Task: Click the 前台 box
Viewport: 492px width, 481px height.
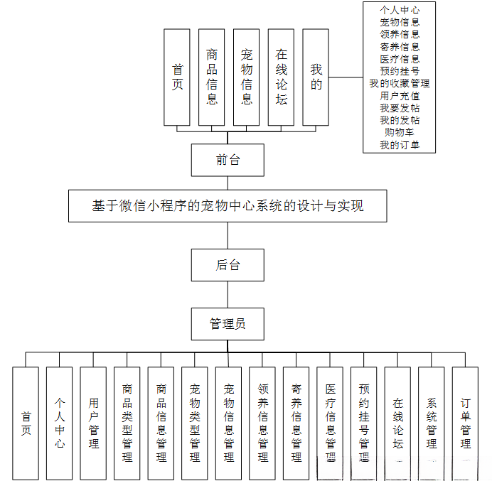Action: (228, 160)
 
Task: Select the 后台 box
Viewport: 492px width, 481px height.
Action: (228, 265)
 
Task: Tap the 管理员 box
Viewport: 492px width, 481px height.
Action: (228, 324)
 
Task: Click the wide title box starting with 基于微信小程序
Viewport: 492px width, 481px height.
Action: (228, 206)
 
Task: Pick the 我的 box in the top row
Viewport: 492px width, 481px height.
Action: (316, 77)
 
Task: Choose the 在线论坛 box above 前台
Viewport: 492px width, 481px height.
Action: (281, 77)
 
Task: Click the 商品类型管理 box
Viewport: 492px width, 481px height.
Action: (127, 422)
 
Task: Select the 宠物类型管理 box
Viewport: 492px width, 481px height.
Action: (194, 422)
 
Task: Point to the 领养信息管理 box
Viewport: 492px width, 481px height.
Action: (262, 422)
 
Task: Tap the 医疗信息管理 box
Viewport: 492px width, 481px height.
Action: (330, 422)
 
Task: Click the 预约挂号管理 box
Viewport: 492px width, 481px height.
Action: (363, 422)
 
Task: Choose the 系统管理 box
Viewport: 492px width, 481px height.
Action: (431, 422)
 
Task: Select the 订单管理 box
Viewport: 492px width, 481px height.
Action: (465, 422)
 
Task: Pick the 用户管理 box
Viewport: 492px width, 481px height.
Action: (93, 422)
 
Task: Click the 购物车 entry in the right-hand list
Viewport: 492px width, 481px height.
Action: (399, 132)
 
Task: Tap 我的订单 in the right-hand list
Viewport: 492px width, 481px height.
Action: (399, 145)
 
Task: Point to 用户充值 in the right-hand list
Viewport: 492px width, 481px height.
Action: (399, 95)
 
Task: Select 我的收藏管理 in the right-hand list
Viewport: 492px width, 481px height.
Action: (399, 83)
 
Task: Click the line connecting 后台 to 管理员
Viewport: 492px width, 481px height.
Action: (228, 295)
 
